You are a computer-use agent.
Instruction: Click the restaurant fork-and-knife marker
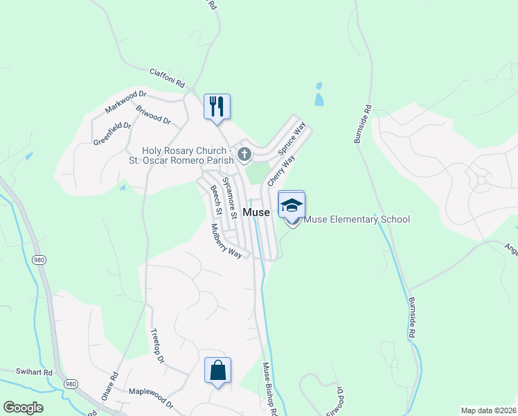[x=217, y=107]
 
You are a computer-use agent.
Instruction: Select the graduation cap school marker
[x=292, y=205]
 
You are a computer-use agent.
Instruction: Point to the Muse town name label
[x=256, y=211]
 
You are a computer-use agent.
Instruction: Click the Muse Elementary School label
[x=357, y=220]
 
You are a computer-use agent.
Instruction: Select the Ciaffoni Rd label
[x=168, y=78]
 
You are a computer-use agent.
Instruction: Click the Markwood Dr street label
[x=126, y=101]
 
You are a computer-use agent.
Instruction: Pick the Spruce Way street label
[x=292, y=140]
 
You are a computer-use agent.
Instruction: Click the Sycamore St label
[x=229, y=197]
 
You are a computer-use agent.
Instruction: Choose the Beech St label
[x=216, y=199]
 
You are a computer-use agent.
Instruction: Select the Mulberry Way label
[x=226, y=241]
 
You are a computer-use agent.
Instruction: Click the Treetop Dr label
[x=157, y=346]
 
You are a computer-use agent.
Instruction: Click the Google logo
[x=23, y=408]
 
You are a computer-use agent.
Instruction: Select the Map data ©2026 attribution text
[x=488, y=410]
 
